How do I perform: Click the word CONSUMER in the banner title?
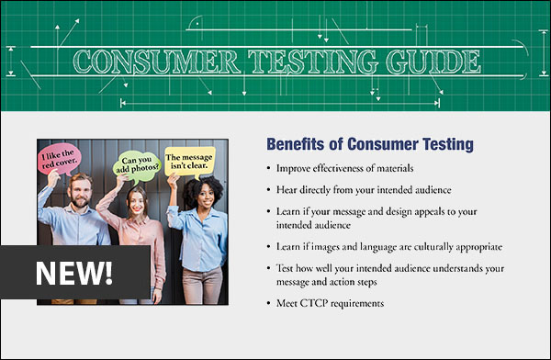coord(146,62)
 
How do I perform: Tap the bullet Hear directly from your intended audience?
coord(365,189)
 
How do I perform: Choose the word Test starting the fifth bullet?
coord(286,267)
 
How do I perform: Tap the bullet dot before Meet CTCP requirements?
coord(268,303)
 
